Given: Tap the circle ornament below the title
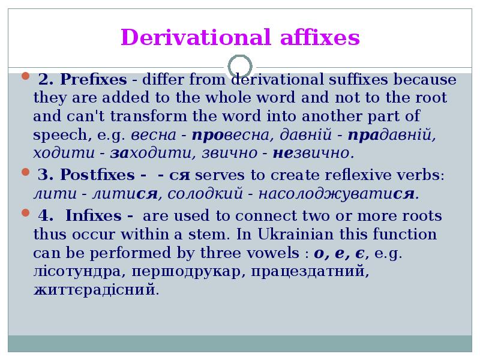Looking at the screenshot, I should pos(240,66).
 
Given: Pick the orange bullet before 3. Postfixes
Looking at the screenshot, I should pos(25,173).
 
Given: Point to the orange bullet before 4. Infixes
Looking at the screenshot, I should pos(25,213).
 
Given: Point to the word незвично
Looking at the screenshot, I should pos(312,154).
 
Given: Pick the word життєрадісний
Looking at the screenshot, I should pos(96,291).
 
